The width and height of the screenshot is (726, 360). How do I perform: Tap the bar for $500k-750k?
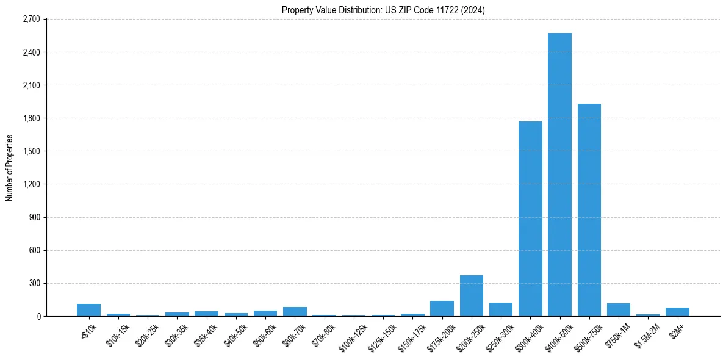point(589,210)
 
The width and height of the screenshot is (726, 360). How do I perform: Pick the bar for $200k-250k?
point(472,296)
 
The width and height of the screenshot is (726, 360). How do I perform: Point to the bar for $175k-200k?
point(442,309)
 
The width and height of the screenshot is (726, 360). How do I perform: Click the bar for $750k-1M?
point(619,310)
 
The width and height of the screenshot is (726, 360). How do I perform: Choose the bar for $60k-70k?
point(295,312)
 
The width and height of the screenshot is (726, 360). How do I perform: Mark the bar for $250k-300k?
point(501,309)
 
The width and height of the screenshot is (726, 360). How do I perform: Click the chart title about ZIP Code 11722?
point(383,10)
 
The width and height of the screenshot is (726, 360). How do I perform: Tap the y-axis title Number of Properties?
point(10,168)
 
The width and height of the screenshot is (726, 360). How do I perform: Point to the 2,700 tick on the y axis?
point(31,19)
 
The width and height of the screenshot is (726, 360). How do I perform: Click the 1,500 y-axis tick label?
point(31,151)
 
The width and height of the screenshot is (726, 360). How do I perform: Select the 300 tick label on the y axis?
point(34,283)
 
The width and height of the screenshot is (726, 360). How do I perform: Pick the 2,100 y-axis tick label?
point(31,85)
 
